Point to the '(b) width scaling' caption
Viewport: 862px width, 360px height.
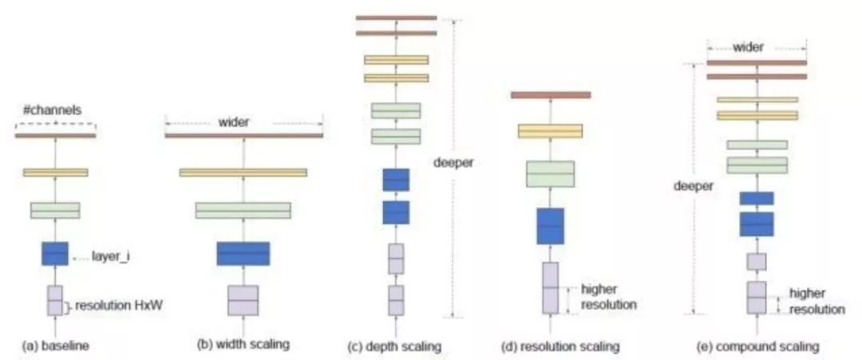click(x=243, y=345)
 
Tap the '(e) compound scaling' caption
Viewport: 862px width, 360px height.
click(x=757, y=346)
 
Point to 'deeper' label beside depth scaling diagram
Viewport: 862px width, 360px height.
click(x=454, y=163)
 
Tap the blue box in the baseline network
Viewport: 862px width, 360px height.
click(x=55, y=253)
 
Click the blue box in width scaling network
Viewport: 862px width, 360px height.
click(x=243, y=253)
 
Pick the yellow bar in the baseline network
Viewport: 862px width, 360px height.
click(x=55, y=172)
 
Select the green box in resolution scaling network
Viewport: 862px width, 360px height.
click(x=550, y=173)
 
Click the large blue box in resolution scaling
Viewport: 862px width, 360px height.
click(x=550, y=226)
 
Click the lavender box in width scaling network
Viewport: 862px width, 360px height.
click(x=243, y=300)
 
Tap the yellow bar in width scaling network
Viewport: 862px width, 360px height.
click(x=243, y=172)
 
